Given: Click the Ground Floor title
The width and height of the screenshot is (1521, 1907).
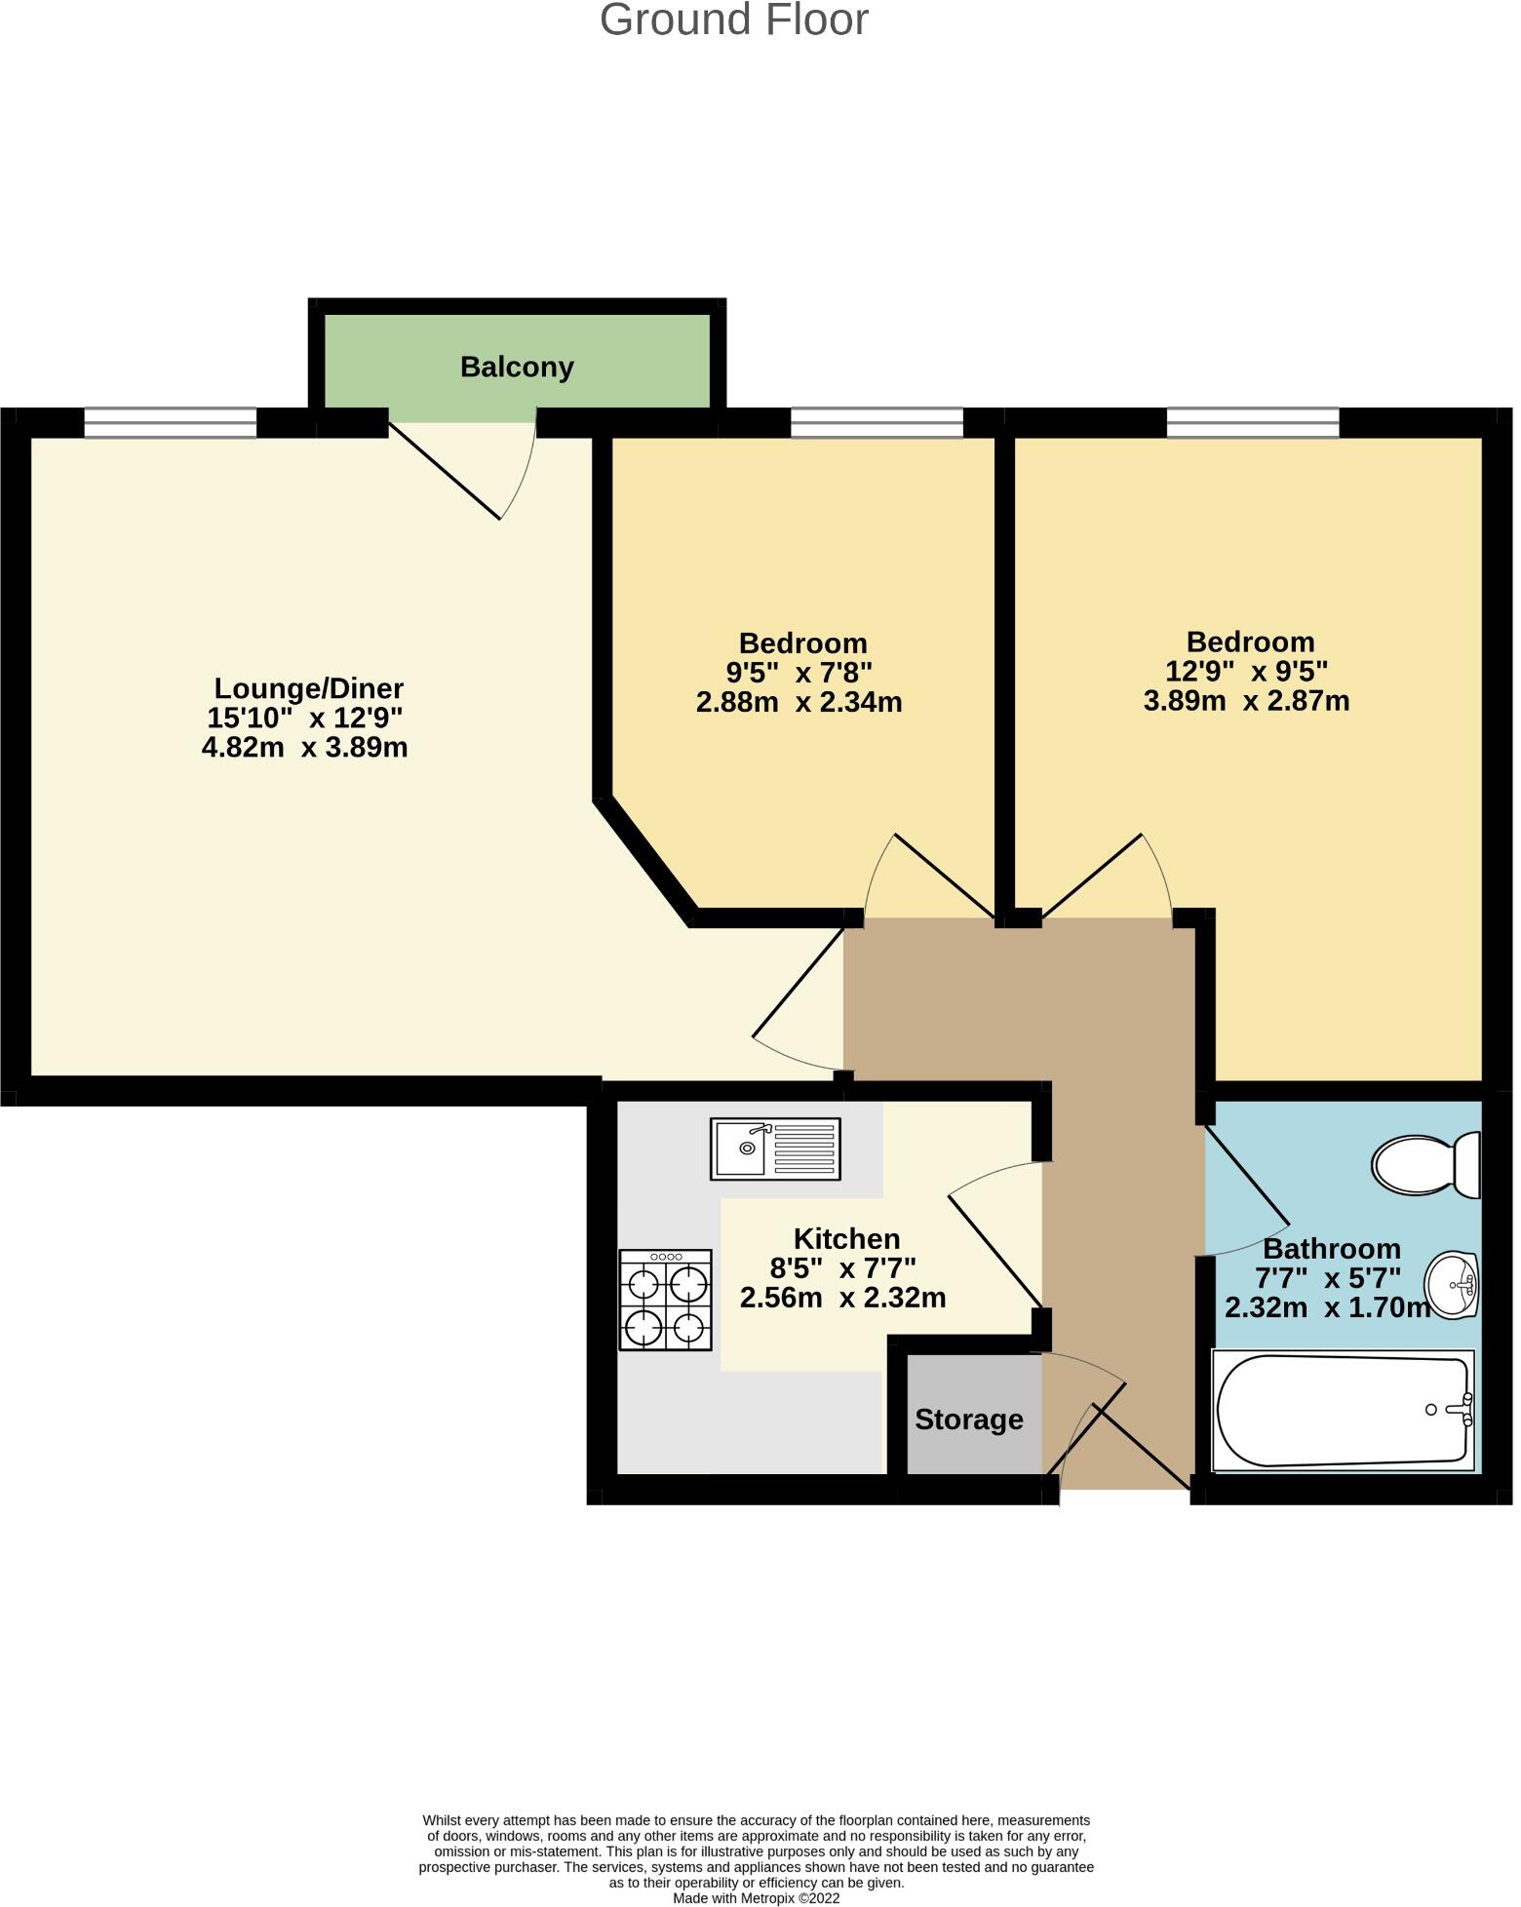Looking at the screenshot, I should (733, 20).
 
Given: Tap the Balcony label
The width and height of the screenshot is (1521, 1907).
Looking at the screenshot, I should (517, 368).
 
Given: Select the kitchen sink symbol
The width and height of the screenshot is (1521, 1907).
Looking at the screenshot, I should (775, 1149).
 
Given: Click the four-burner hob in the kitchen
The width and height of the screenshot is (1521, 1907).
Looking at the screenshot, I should (666, 1300).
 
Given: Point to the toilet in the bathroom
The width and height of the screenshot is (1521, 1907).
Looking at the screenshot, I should (1425, 1164).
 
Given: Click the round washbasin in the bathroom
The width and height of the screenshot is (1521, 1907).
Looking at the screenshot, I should (1452, 1285).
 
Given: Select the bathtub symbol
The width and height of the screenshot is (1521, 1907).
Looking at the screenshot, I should (1343, 1411).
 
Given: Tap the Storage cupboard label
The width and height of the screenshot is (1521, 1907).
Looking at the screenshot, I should (968, 1420).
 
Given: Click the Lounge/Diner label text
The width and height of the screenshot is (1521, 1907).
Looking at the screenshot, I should (308, 688).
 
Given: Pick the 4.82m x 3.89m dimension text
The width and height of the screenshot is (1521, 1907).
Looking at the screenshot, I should (304, 748).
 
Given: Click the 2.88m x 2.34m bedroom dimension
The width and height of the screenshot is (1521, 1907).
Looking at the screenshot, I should (799, 702).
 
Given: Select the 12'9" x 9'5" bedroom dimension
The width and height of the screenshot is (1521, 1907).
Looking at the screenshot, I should (1247, 671).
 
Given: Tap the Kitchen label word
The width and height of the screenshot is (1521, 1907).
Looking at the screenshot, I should (846, 1239).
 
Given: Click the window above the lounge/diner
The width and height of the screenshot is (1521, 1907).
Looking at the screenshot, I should (170, 423).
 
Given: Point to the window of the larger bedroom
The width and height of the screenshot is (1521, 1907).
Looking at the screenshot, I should (1252, 423).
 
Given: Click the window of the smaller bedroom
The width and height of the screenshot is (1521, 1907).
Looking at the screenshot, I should (877, 423).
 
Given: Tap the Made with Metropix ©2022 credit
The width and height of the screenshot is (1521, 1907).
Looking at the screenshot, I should (756, 1898).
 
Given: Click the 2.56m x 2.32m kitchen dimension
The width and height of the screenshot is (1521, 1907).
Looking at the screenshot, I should (842, 1299).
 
